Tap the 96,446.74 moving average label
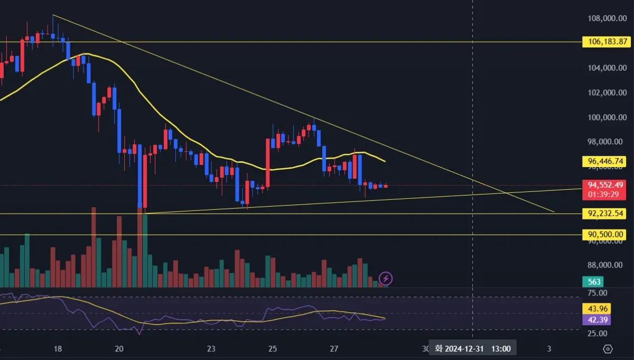click(x=604, y=161)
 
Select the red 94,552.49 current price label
click(x=604, y=185)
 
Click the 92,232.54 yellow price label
click(x=604, y=214)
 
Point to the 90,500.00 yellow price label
click(x=604, y=234)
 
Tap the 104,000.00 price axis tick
click(x=604, y=68)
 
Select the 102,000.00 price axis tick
click(x=604, y=93)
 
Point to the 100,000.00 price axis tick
click(x=604, y=117)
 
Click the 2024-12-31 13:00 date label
click(x=472, y=349)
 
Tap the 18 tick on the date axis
click(x=58, y=349)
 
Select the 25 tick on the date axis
click(x=273, y=349)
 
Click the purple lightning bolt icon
click(x=386, y=278)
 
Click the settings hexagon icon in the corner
click(x=608, y=349)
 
